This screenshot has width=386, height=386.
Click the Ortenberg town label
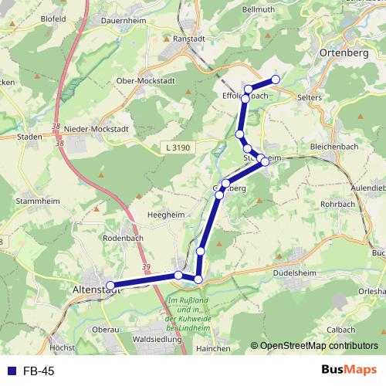point(345,53)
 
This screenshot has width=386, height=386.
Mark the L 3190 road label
point(179,147)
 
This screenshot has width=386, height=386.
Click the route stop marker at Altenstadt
point(110,285)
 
